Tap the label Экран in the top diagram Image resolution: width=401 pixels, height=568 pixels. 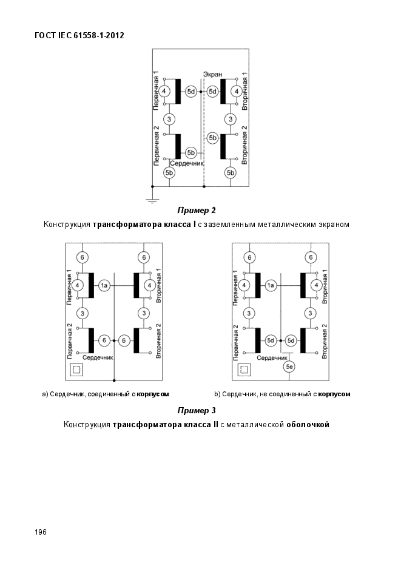coord(213,74)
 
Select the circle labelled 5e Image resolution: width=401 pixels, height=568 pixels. coord(289,367)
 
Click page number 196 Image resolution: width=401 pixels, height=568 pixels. coord(41,532)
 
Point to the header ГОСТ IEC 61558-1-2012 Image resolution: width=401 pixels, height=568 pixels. coord(79,35)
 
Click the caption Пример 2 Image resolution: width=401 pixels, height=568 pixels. coord(197,210)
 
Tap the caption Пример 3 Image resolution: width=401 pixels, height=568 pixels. coord(197,410)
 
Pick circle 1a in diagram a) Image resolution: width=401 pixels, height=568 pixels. coord(104,285)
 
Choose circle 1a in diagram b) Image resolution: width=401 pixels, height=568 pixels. coord(271,285)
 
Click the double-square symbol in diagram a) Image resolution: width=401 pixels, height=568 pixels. coord(77,370)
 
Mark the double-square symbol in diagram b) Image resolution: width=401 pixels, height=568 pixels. coord(243,370)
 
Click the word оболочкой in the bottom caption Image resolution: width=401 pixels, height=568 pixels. coord(308,425)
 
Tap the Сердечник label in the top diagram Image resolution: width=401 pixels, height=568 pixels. coord(187,163)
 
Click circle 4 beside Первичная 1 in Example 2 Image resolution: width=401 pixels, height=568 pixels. coord(164,91)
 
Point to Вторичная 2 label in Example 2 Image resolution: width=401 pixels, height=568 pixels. coord(244,145)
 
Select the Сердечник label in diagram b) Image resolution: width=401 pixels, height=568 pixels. coord(272,358)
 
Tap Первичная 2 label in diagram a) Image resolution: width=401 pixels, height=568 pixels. coord(70,341)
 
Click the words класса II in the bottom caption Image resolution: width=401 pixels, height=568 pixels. coord(200,425)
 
